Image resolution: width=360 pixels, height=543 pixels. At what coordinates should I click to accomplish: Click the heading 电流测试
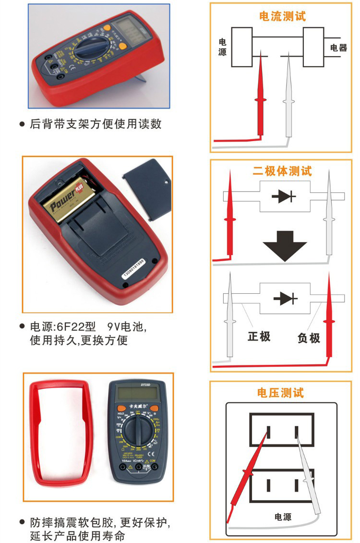point(282,16)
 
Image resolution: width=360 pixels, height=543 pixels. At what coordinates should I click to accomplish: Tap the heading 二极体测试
point(282,171)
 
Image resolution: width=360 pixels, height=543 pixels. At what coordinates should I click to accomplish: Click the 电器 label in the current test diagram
point(338,48)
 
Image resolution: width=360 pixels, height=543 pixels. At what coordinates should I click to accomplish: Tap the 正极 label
point(259,337)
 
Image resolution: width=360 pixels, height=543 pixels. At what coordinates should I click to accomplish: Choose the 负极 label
point(309,338)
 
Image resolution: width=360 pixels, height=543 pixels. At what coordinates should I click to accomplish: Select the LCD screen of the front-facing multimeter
point(138,394)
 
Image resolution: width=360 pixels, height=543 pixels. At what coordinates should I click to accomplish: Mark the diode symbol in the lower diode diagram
point(285,298)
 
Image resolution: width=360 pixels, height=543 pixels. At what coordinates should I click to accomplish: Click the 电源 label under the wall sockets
point(283,517)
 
